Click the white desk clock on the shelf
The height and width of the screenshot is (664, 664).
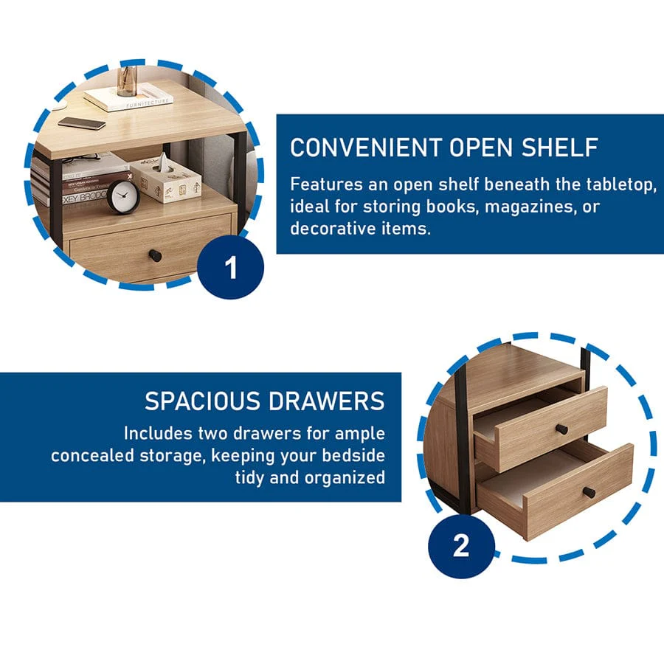pos(122,196)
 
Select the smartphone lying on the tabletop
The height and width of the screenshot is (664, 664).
pos(82,123)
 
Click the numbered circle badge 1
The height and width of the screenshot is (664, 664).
pos(231,267)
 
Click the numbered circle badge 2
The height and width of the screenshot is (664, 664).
pos(461,545)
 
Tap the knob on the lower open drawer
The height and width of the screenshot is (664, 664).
pos(590,493)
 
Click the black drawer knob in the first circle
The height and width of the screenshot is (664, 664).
pos(155,256)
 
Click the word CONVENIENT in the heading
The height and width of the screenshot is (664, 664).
pos(366,148)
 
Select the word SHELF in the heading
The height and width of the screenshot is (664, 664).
pos(560,148)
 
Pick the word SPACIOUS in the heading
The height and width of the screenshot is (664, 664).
pos(202,401)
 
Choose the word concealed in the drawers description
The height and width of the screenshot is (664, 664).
pos(92,455)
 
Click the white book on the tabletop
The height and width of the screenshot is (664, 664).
pos(128,98)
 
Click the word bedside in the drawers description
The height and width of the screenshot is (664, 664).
pos(353,455)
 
